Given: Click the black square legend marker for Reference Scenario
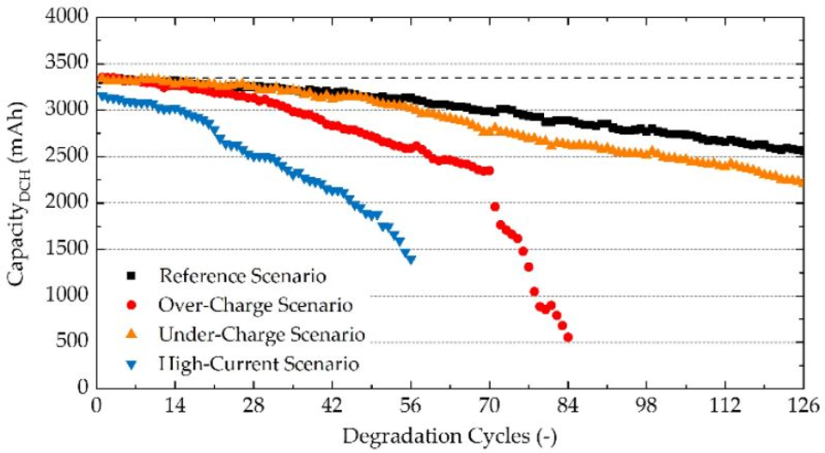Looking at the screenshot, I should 131,276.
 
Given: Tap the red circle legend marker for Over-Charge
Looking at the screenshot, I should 131,304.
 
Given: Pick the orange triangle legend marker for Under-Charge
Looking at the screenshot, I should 131,333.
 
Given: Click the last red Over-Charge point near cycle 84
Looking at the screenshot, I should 568,337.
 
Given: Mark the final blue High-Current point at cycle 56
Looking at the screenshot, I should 411,260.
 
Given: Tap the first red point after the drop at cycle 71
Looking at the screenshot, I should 495,206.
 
